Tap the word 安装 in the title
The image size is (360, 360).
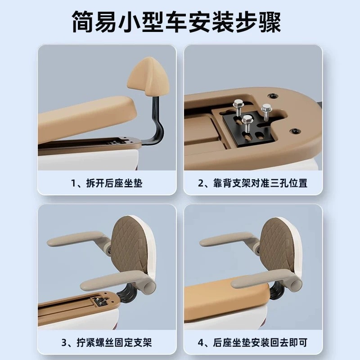coord(219,22)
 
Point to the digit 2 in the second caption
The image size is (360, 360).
coord(202,183)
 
